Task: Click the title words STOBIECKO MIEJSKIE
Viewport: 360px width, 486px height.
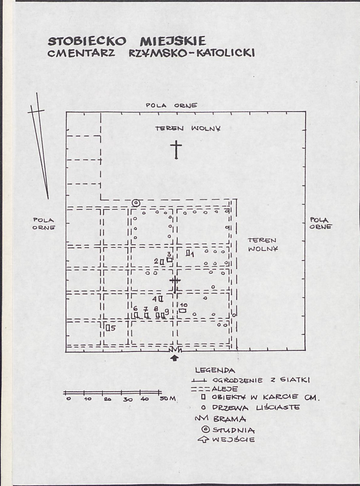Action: pos(127,41)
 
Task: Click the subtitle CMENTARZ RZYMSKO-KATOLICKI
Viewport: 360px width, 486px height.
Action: pos(151,53)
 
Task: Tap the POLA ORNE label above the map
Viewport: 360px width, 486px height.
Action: pos(171,105)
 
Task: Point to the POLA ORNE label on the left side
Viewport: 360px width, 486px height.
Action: pos(44,224)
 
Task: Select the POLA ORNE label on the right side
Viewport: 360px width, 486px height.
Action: pos(321,223)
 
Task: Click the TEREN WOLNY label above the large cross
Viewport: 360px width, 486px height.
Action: pos(188,128)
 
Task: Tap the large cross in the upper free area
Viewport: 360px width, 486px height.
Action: pos(176,150)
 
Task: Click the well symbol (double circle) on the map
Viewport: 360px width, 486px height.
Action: pos(136,203)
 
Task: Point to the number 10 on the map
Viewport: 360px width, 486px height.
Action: pos(184,305)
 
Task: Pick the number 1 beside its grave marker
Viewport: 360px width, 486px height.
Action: pos(192,255)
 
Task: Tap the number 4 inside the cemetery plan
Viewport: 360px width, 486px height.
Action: pos(154,299)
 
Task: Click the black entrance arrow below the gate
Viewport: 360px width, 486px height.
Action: pos(175,358)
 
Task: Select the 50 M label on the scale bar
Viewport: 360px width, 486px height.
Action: pos(167,399)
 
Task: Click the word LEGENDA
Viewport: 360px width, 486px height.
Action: pos(215,370)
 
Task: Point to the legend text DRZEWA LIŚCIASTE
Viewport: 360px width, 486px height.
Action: pos(256,408)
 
